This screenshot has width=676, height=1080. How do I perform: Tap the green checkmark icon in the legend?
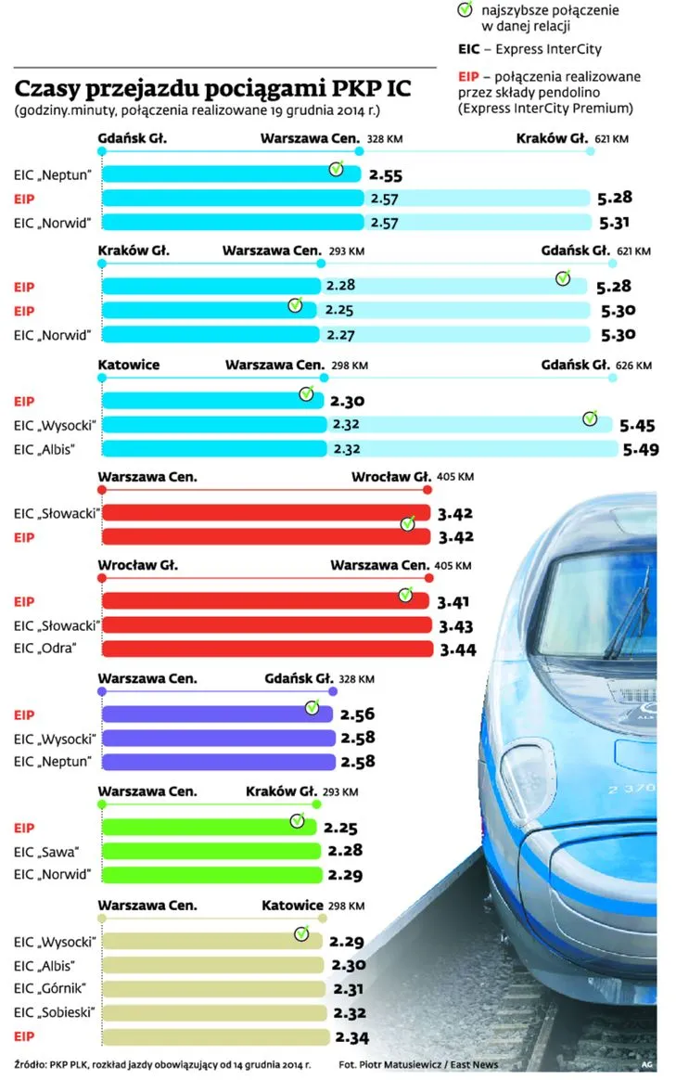(465, 10)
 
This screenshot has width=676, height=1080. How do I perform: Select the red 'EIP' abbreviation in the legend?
(469, 76)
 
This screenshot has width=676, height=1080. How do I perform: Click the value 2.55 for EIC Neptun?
(384, 174)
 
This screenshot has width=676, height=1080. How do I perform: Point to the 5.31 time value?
(616, 223)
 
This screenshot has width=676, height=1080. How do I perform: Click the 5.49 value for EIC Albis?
(639, 449)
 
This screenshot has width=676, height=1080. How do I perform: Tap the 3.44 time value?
(458, 649)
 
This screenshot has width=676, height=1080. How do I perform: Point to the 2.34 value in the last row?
(352, 1036)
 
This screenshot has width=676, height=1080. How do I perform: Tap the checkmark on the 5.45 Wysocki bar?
(591, 418)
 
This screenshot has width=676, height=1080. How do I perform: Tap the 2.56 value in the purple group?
(357, 715)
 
